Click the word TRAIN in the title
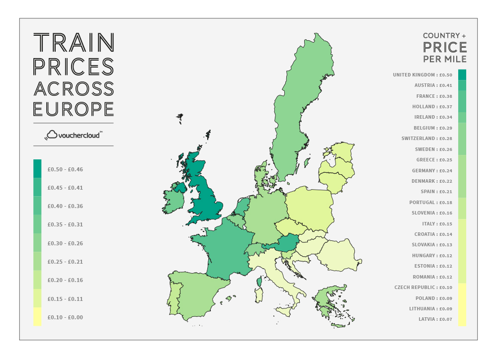pyautogui.click(x=74, y=43)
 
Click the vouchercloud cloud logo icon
pyautogui.click(x=51, y=135)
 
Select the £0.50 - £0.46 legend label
pyautogui.click(x=65, y=169)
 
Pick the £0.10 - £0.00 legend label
pyautogui.click(x=65, y=317)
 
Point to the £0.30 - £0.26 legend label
pyautogui.click(x=65, y=243)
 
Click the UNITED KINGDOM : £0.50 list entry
pyautogui.click(x=422, y=75)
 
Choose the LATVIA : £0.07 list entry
pyautogui.click(x=435, y=319)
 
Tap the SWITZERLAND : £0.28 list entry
pyautogui.click(x=426, y=139)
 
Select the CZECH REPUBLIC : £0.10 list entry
pyautogui.click(x=423, y=288)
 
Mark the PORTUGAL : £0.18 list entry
pyautogui.click(x=430, y=203)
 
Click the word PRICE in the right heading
pyautogui.click(x=445, y=47)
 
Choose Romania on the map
pyautogui.click(x=338, y=256)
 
